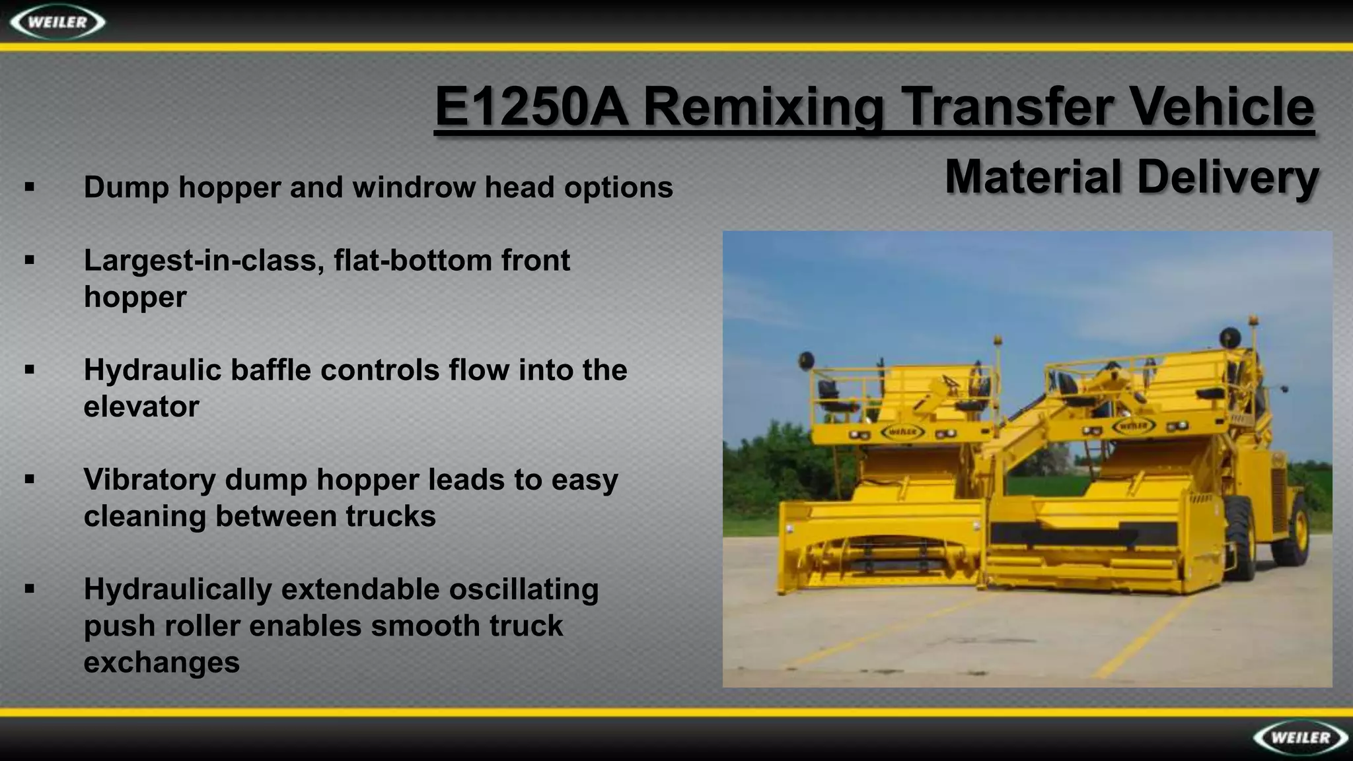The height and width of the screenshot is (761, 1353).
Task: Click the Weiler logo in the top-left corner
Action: [x=58, y=22]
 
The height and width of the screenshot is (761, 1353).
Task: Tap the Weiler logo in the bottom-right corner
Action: [x=1300, y=737]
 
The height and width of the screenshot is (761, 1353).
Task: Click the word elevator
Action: [x=141, y=407]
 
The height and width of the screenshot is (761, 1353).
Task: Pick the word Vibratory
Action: [x=149, y=480]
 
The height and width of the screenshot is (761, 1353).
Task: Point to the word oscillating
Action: [x=523, y=589]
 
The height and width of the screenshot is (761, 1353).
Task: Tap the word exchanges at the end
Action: [x=161, y=662]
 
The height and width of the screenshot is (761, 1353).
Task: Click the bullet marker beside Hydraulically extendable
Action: [x=29, y=588]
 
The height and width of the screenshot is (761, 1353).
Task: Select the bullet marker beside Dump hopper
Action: [x=29, y=187]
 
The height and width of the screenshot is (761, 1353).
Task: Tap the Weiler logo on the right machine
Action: [x=1134, y=426]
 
